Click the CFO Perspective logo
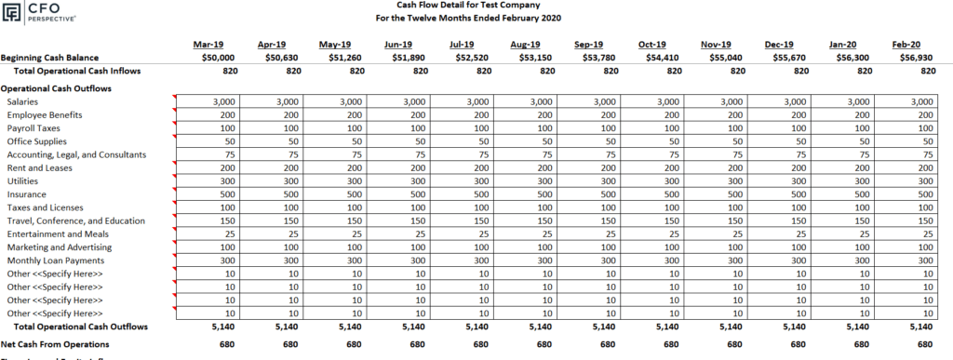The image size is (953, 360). (38, 12)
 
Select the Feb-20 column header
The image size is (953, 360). (906, 44)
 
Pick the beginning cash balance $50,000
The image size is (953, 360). (206, 57)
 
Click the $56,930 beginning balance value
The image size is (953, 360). (906, 57)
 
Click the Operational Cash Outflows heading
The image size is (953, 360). (56, 88)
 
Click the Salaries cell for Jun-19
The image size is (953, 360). (411, 101)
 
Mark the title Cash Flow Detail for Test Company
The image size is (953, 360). (476, 5)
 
